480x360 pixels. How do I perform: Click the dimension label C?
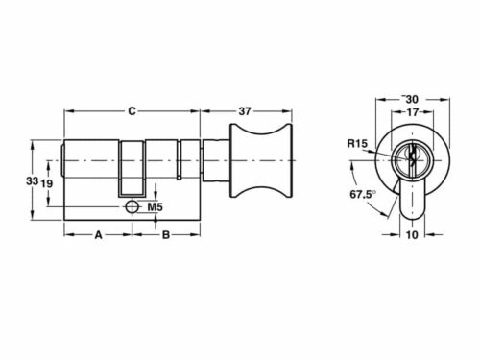tap(132, 109)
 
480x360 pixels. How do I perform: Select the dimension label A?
tap(97, 233)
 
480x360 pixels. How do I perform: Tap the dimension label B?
tap(165, 233)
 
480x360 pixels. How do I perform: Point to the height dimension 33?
tap(32, 180)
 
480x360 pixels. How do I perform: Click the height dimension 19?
tap(45, 180)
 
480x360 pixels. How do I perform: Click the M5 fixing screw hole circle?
tap(132, 206)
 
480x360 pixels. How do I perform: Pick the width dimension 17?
tap(411, 111)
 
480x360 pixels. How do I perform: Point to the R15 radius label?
tap(355, 145)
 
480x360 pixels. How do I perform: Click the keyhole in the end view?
tap(412, 156)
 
